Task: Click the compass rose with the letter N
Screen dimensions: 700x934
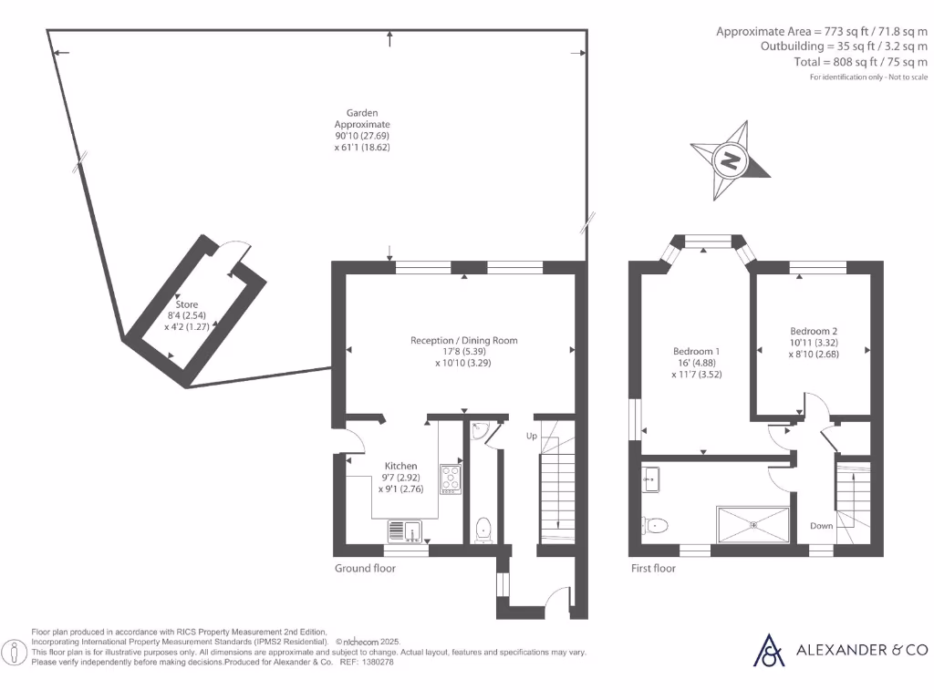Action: click(x=731, y=161)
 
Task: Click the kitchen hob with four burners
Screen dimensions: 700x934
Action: click(x=451, y=478)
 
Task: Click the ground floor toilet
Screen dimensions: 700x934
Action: click(x=483, y=529)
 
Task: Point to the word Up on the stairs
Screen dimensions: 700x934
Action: click(x=531, y=436)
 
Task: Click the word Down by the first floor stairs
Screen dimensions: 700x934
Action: click(x=821, y=526)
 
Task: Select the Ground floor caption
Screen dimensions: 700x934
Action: click(x=365, y=568)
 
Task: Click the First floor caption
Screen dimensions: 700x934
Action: click(x=653, y=568)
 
